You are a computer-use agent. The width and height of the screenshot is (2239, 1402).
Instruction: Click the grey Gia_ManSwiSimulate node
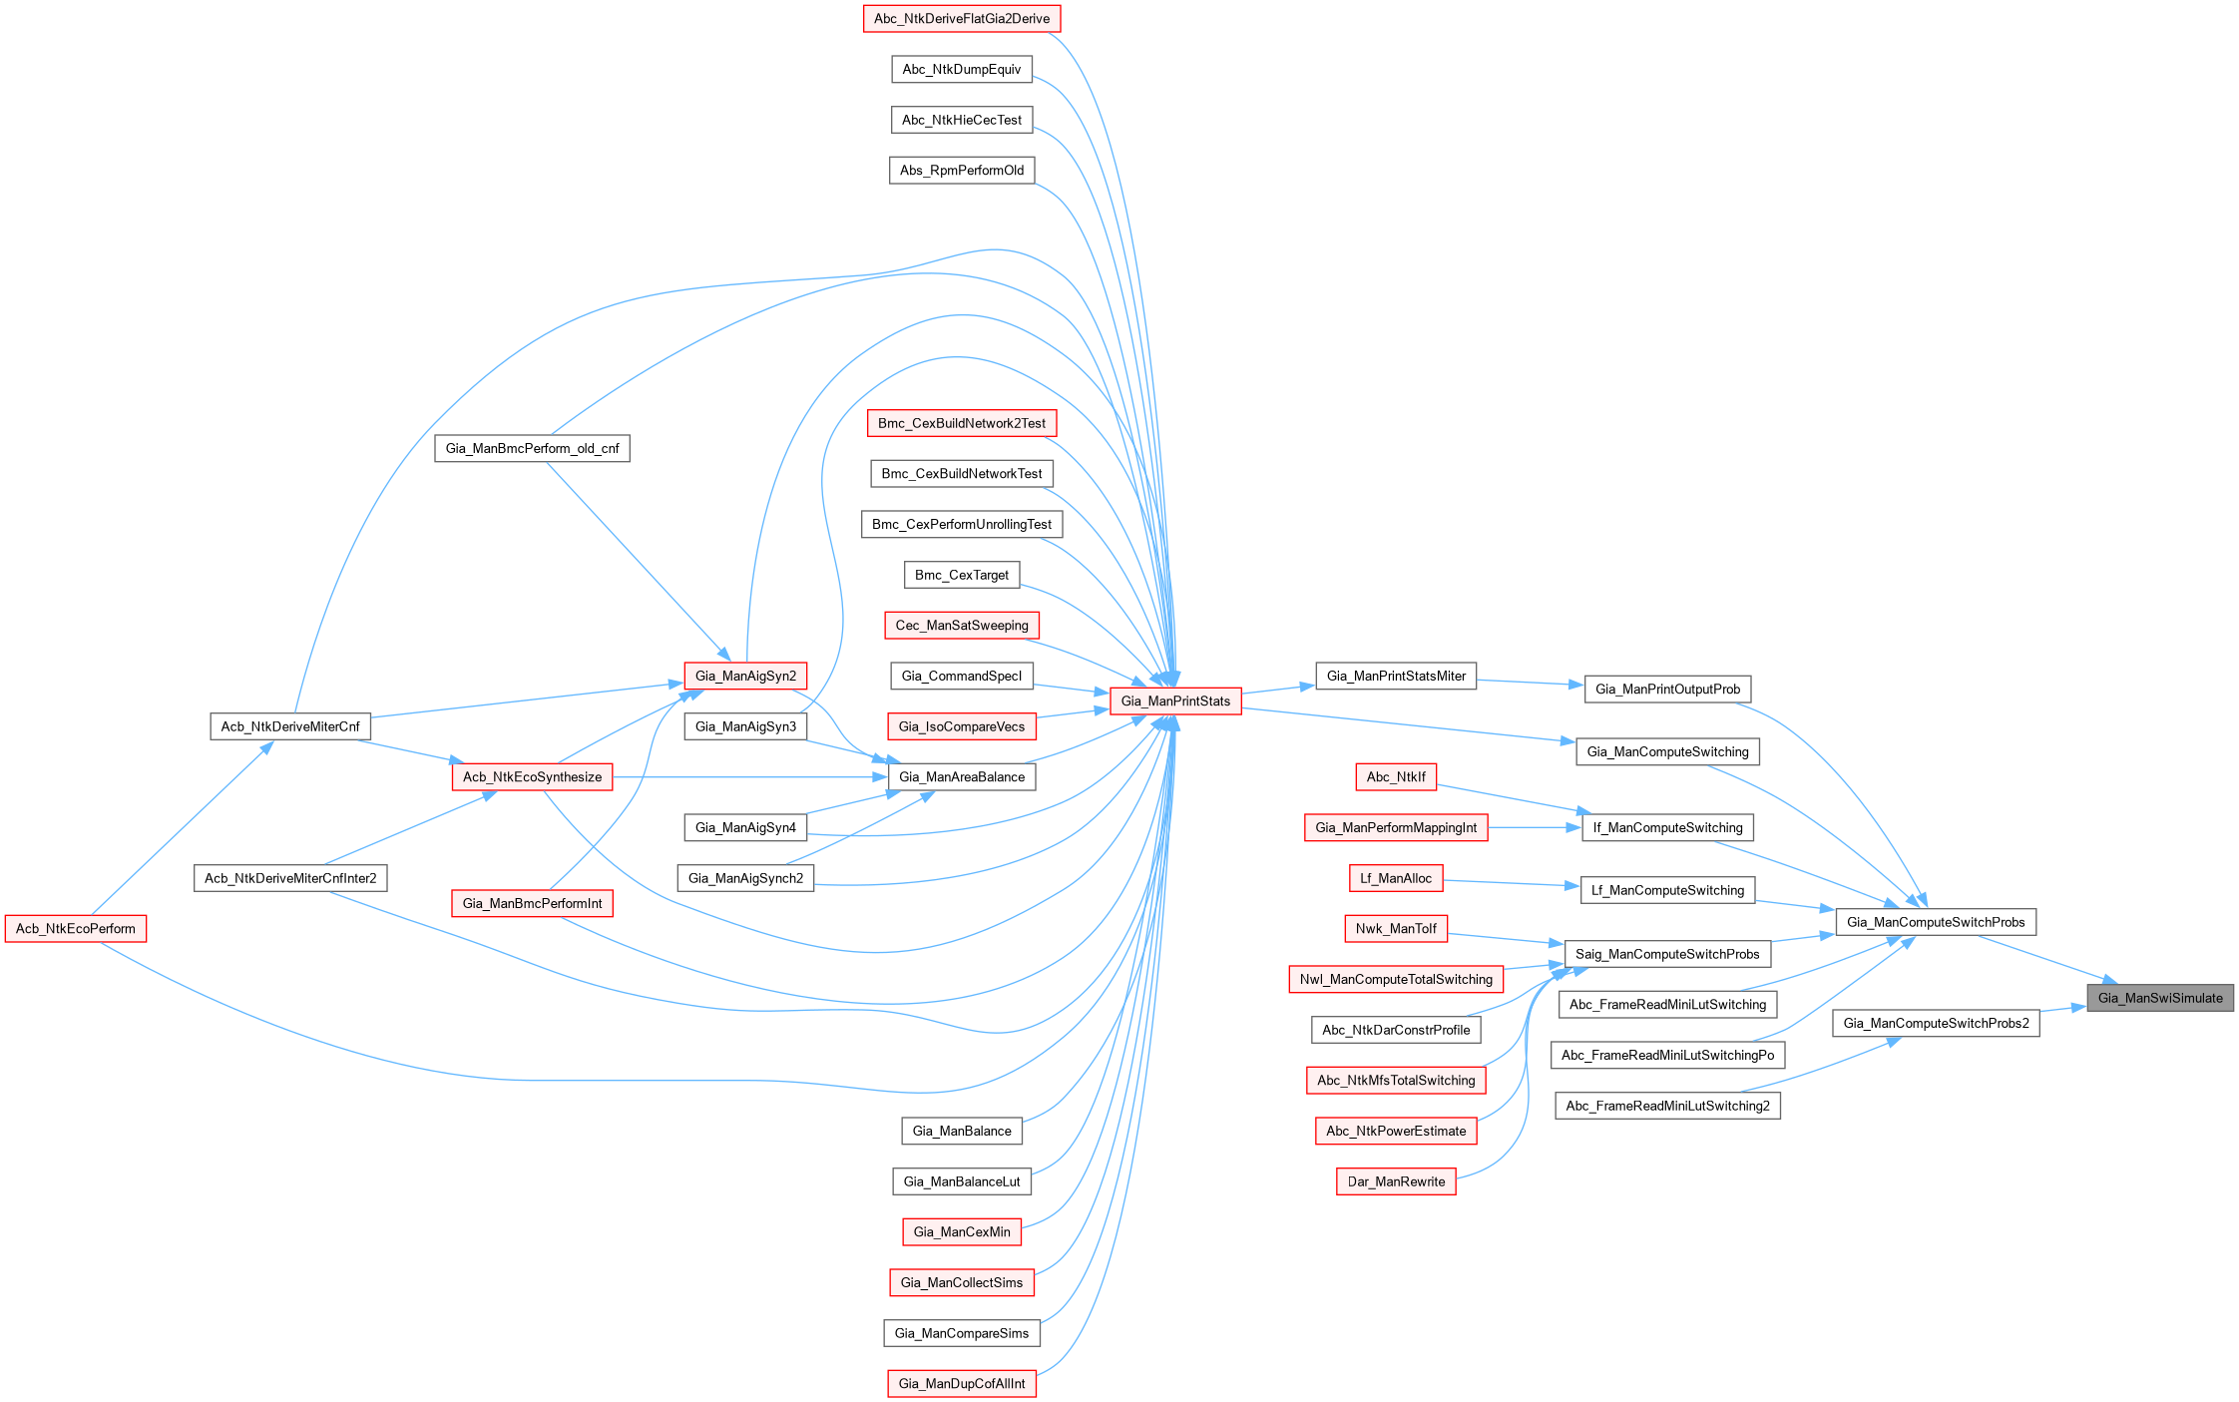[x=2160, y=998]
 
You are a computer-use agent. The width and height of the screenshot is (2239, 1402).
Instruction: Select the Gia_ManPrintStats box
[x=1175, y=701]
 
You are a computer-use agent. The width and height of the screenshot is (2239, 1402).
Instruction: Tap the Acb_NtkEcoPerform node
[x=76, y=929]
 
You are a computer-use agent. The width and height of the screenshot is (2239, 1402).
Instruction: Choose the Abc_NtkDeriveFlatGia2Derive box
[x=962, y=19]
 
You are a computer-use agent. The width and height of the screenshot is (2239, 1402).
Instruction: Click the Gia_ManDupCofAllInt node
[x=962, y=1384]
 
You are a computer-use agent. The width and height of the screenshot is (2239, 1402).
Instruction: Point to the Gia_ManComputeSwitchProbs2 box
[x=1936, y=1024]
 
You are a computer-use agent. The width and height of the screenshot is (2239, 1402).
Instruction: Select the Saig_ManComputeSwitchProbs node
[x=1667, y=955]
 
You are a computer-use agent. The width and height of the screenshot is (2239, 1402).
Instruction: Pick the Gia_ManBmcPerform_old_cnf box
[x=532, y=449]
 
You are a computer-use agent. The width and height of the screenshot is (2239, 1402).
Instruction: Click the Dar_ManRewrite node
[x=1396, y=1182]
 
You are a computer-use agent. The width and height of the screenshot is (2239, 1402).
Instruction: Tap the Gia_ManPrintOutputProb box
[x=1667, y=690]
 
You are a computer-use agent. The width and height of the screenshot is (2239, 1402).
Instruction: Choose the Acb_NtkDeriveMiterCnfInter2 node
[x=290, y=879]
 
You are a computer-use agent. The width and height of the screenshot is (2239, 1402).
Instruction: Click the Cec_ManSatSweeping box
[x=962, y=626]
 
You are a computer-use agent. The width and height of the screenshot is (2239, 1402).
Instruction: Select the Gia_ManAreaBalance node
[x=962, y=777]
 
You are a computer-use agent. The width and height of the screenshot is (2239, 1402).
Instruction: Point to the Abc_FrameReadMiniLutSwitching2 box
[x=1667, y=1107]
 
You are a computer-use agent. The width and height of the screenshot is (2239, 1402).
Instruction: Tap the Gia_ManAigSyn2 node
[x=746, y=677]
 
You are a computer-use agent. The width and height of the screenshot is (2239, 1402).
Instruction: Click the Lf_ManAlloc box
[x=1396, y=879]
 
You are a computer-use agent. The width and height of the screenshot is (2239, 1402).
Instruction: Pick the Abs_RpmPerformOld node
[x=962, y=171]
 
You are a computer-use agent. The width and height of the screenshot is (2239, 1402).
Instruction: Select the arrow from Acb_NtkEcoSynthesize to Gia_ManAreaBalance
[x=748, y=777]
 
